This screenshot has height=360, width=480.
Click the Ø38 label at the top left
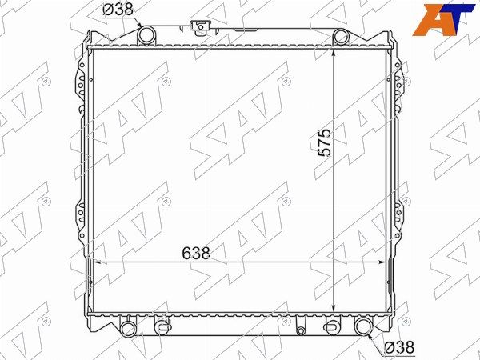(118, 10)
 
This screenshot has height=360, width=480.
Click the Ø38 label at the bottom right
(399, 347)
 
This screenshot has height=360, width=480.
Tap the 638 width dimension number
(196, 253)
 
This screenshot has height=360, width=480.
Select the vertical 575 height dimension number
(325, 143)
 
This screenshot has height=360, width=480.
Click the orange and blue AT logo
(443, 19)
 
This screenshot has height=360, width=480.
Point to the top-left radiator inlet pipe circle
(146, 35)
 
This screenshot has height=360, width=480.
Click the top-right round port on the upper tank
(341, 37)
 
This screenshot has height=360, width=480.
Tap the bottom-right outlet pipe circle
(363, 326)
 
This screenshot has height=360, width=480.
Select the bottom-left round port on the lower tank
(128, 329)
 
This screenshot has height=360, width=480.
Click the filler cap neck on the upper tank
(201, 26)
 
